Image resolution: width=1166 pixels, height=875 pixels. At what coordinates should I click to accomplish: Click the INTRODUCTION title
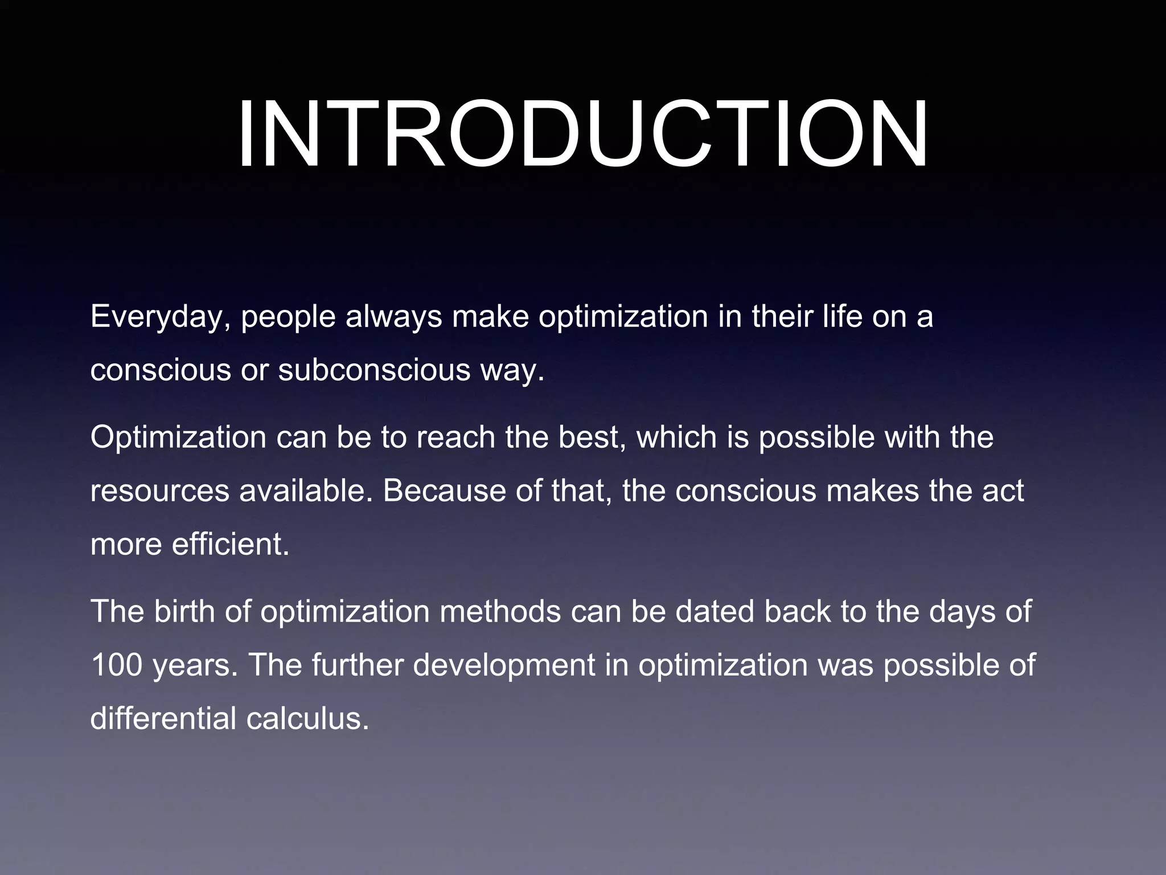click(582, 136)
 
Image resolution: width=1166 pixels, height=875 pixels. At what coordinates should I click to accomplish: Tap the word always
click(393, 318)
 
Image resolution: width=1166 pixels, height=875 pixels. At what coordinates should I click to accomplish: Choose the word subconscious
click(373, 370)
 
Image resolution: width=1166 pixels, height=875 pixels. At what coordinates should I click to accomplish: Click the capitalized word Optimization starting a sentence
click(178, 437)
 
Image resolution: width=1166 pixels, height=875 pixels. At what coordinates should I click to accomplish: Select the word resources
click(159, 491)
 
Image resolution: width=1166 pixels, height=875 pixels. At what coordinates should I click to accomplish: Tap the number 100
click(116, 665)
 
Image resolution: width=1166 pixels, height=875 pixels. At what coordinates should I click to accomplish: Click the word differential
click(163, 718)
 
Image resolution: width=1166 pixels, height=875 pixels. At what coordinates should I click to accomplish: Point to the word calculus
click(307, 718)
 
